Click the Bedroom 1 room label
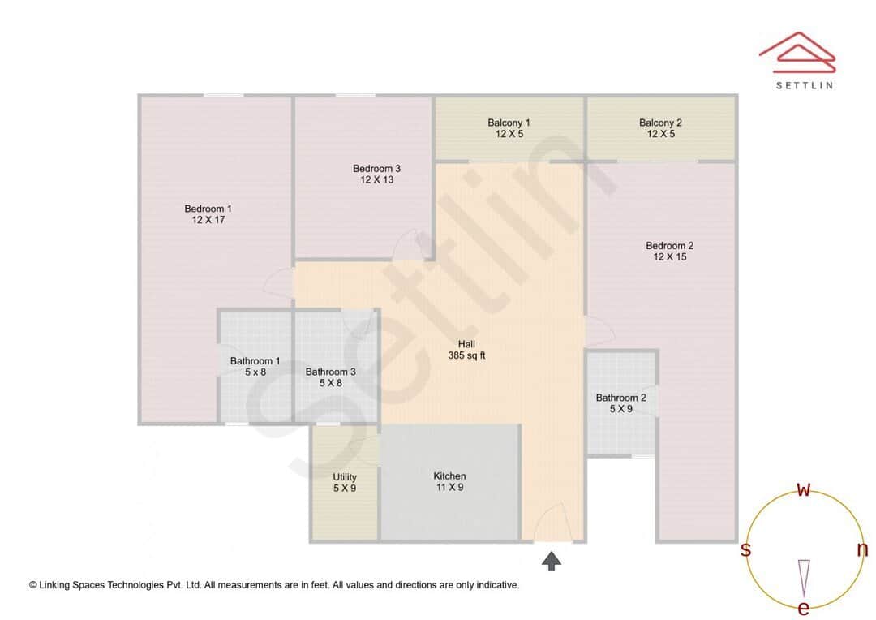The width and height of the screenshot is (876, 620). (x=208, y=214)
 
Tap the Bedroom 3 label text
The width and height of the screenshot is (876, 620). (x=376, y=174)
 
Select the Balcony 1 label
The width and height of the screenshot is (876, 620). (x=509, y=128)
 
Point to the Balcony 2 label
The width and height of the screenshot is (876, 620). (x=660, y=128)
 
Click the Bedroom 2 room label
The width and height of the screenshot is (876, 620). (x=669, y=251)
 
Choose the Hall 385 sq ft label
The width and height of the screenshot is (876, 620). (x=466, y=350)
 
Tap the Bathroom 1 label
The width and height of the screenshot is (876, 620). (x=255, y=367)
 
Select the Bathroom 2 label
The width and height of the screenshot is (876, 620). (x=620, y=403)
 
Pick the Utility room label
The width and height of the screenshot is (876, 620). (x=345, y=483)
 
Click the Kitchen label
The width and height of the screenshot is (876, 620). (x=449, y=481)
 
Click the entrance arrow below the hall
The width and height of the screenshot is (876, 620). (x=552, y=560)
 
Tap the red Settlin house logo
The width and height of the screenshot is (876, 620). (x=797, y=50)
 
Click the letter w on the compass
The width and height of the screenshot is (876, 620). (x=804, y=489)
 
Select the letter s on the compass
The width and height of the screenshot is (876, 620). (x=745, y=549)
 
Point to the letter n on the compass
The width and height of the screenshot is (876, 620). (x=862, y=549)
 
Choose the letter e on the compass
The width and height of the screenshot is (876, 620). (x=804, y=608)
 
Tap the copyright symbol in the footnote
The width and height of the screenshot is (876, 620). (x=33, y=585)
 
